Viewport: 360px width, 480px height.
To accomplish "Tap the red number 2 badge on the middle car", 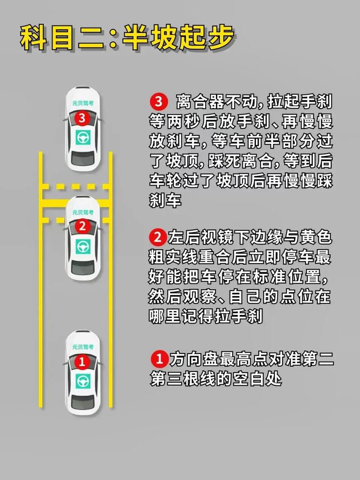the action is click(82, 226).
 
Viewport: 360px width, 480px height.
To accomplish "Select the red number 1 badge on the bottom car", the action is click(82, 362).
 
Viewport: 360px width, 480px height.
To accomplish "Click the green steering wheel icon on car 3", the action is click(83, 138).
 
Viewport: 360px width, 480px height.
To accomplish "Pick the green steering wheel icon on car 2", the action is click(83, 247).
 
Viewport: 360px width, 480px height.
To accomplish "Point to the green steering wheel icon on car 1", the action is click(83, 381).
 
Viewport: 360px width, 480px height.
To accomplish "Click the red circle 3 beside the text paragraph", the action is click(158, 102).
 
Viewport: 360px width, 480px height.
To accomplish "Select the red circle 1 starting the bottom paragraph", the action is click(159, 359).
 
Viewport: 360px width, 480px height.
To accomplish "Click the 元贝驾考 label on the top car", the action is click(83, 103).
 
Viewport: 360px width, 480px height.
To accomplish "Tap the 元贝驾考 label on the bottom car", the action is click(83, 347).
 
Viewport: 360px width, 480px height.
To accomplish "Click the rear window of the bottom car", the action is click(83, 402).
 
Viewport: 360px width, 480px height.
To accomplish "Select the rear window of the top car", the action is click(83, 158).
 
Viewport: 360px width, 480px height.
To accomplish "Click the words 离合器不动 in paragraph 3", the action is click(217, 102).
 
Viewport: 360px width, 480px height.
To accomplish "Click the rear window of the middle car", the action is click(83, 268).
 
